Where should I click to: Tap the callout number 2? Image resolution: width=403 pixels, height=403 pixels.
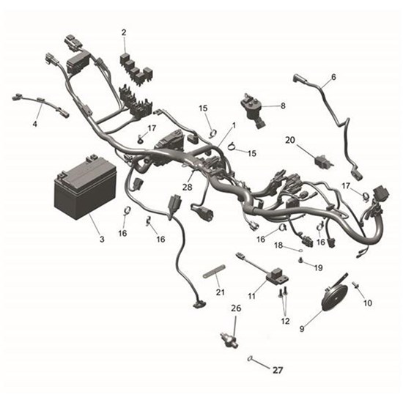tap(124, 32)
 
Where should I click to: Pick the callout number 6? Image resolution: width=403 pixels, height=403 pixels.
tap(333, 77)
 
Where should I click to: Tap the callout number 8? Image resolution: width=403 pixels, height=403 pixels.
tap(283, 106)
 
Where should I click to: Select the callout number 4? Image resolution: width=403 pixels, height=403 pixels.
tap(34, 124)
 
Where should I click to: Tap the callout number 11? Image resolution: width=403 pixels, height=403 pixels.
tap(251, 295)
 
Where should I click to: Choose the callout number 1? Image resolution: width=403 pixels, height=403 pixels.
tap(234, 125)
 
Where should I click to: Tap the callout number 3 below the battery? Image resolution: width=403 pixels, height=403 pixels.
tap(102, 240)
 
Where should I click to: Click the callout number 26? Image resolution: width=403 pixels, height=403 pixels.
tap(235, 308)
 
